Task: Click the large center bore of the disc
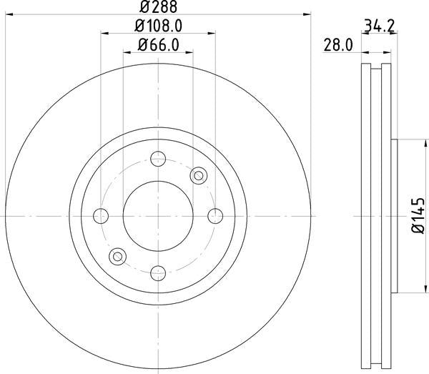click(158, 215)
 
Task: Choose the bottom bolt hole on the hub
click(158, 272)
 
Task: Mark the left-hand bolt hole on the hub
click(102, 215)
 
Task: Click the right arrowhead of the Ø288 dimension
click(309, 13)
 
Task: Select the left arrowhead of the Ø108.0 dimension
click(104, 33)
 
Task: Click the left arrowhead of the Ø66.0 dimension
click(127, 53)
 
